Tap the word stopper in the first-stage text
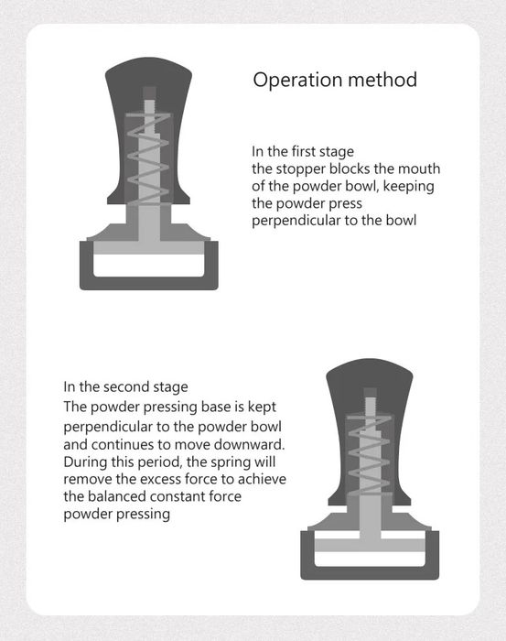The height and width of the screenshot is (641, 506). (300, 169)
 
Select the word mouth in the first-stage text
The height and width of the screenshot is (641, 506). (419, 168)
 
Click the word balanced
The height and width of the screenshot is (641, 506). (118, 496)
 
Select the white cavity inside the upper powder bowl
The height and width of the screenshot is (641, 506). (148, 266)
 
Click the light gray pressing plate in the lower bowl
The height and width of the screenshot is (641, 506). (370, 545)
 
